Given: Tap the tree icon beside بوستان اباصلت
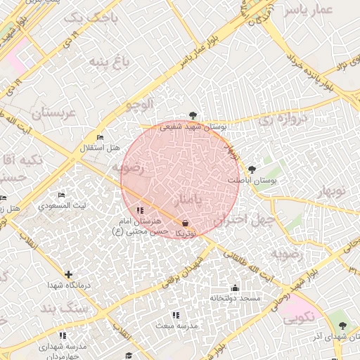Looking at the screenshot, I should coord(252,169).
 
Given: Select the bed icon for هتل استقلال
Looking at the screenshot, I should coord(101,136).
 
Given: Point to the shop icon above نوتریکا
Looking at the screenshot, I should coord(184,221).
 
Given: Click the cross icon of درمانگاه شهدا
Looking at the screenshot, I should coord(67,274).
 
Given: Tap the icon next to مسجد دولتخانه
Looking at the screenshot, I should coord(235,288).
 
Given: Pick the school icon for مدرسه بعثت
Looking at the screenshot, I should coord(175,315).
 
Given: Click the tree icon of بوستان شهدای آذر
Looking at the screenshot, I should coord(342,325).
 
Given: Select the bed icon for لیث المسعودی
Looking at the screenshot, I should coord(61,195).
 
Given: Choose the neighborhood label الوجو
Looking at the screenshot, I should coord(139,105).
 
